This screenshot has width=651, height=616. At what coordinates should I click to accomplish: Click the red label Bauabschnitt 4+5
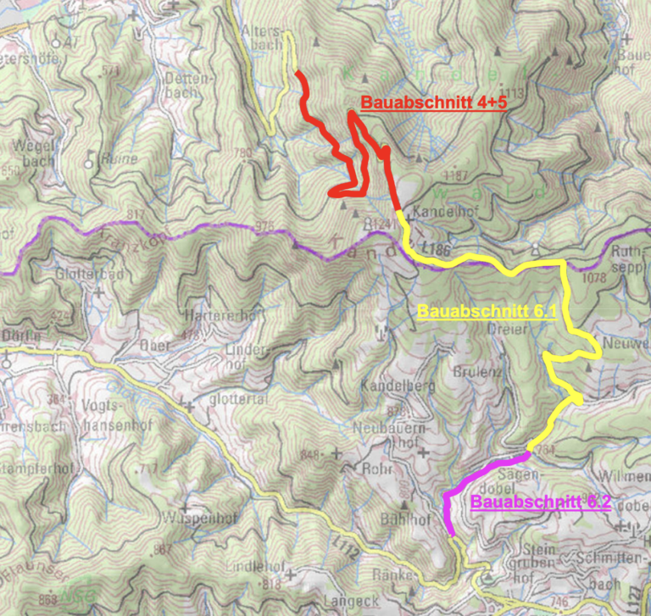tap(433, 103)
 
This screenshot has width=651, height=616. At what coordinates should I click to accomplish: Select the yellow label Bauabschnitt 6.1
tap(486, 311)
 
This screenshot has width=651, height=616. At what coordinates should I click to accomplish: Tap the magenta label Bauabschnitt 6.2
tap(541, 502)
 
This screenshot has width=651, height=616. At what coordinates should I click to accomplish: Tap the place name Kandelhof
tap(437, 211)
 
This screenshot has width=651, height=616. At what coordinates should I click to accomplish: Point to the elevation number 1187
tap(460, 175)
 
